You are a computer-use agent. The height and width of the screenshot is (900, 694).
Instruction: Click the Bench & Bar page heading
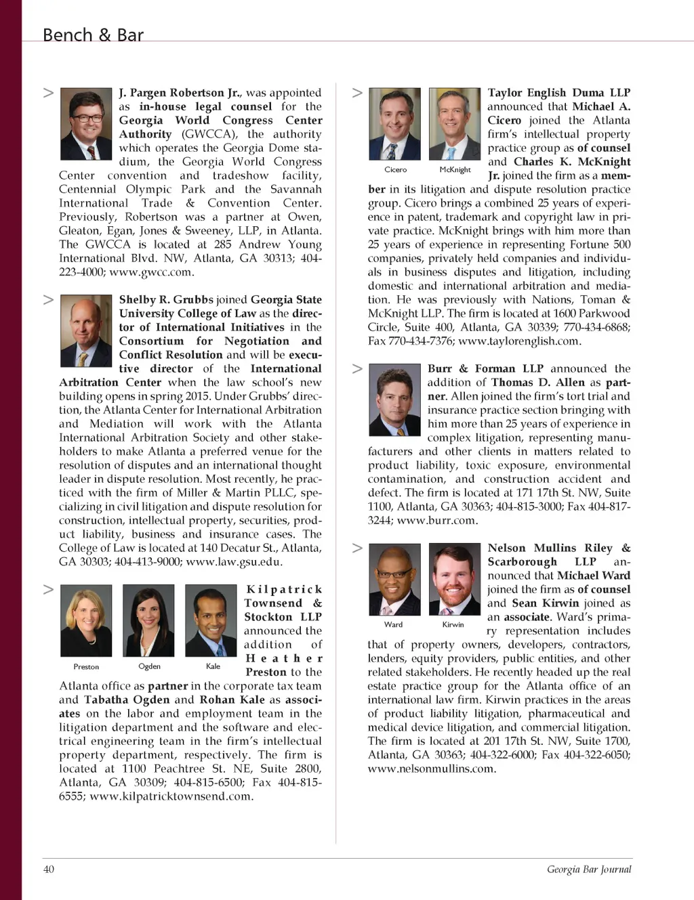[93, 35]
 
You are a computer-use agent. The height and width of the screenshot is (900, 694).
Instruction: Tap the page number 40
[49, 869]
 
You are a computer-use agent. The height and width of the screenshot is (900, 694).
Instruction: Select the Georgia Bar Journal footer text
[589, 869]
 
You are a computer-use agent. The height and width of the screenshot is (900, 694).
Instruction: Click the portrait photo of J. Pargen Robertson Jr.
[86, 123]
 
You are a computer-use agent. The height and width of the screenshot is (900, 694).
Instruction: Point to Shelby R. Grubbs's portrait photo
[86, 330]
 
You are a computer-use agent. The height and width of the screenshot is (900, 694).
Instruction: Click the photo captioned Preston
[86, 620]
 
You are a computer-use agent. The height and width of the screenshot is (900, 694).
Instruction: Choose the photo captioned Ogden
[148, 620]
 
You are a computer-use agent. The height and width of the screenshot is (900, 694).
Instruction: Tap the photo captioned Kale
[211, 620]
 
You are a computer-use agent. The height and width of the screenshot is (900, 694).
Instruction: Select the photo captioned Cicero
[395, 124]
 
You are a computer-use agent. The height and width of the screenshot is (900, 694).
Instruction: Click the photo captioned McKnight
[455, 124]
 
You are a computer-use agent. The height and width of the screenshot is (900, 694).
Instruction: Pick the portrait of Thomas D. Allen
[395, 402]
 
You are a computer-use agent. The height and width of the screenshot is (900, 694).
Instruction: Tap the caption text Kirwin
[453, 624]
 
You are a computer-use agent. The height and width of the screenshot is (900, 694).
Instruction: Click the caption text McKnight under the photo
[455, 170]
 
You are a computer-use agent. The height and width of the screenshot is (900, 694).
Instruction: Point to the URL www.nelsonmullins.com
[432, 769]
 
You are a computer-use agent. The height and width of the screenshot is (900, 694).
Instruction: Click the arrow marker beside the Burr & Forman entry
[358, 368]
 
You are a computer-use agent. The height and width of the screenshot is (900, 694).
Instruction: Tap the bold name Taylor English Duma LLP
[558, 93]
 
